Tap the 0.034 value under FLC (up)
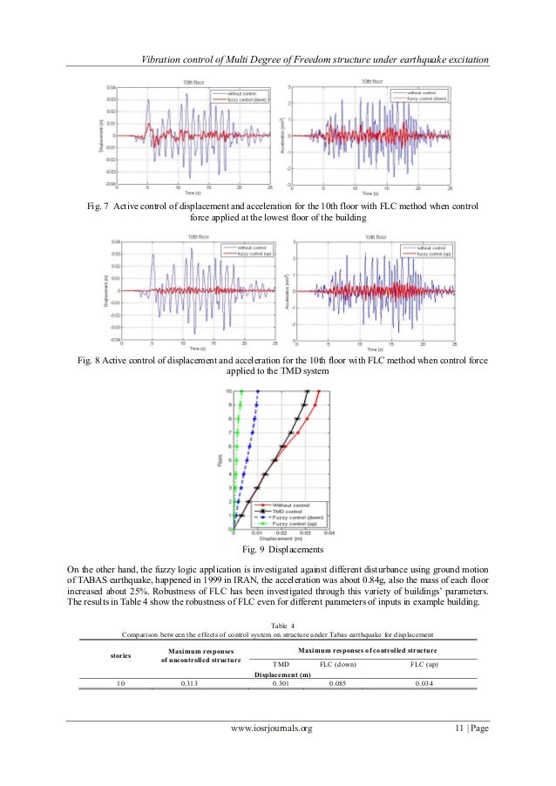coord(424,683)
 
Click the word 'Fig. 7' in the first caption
coord(92,204)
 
